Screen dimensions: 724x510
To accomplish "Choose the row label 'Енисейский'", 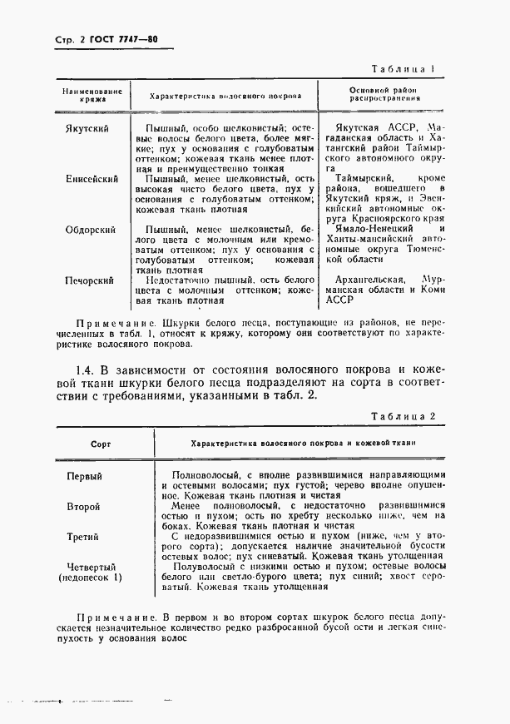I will tap(91, 179).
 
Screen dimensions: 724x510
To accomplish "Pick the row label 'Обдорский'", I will tap(91, 230).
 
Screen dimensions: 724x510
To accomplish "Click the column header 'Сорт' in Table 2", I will tap(100, 444).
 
